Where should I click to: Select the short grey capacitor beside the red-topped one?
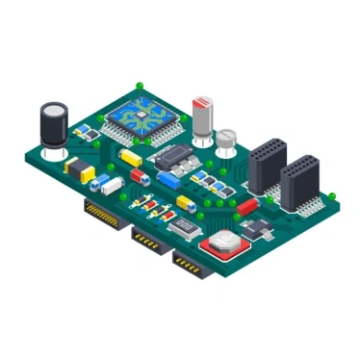[226, 141]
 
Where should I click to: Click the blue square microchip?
[143, 116]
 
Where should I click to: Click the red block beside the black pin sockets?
[246, 205]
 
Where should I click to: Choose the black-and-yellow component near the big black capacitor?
[79, 169]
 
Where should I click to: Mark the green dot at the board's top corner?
[141, 85]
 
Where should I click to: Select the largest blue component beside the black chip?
[169, 179]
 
